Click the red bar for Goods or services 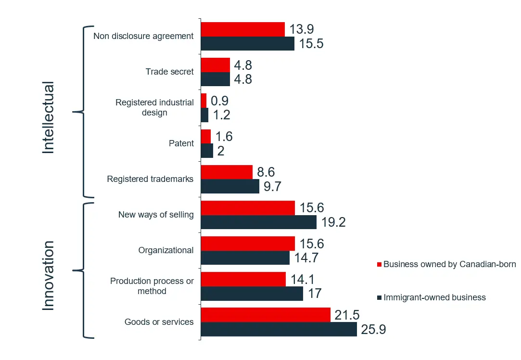[266, 315]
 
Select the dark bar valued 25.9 [279, 329]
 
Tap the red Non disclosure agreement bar [242, 29]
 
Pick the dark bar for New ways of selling [258, 222]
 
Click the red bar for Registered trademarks [227, 172]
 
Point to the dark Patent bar [207, 151]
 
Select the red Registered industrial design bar [203, 101]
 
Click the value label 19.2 [332, 222]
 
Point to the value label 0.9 [219, 101]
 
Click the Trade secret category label [169, 72]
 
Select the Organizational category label [166, 250]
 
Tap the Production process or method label [152, 286]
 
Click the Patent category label [181, 143]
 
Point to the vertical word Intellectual [49, 118]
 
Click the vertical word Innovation [49, 275]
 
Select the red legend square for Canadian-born [379, 264]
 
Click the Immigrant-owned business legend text [434, 297]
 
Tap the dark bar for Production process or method [252, 294]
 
